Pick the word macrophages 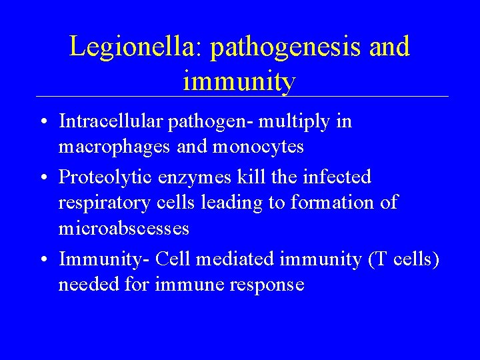116,147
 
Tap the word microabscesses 124,228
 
